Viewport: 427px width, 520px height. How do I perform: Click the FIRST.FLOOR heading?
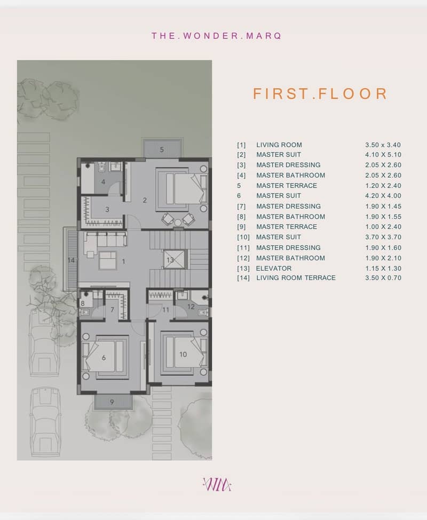click(x=320, y=94)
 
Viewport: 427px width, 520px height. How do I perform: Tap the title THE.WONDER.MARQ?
click(x=217, y=36)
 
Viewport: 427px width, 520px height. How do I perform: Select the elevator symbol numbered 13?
click(x=173, y=259)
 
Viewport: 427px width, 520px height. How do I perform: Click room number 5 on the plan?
click(x=162, y=149)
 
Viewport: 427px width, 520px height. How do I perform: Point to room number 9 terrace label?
click(x=112, y=402)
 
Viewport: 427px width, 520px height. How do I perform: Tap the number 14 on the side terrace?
click(x=71, y=261)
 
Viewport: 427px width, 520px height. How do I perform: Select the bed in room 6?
click(x=106, y=357)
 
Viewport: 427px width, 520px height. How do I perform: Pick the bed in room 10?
click(x=184, y=354)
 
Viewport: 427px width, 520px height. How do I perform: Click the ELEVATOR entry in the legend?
click(x=273, y=269)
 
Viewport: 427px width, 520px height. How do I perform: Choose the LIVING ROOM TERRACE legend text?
click(x=296, y=278)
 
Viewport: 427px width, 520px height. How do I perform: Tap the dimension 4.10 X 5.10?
click(x=383, y=155)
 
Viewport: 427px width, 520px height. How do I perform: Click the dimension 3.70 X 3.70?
click(x=383, y=237)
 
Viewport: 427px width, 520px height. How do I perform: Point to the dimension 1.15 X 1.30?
click(x=383, y=269)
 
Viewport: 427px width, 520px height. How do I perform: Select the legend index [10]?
click(x=243, y=238)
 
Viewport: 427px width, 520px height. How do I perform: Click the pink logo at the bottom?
click(x=217, y=485)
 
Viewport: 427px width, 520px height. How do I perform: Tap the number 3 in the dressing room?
click(x=107, y=210)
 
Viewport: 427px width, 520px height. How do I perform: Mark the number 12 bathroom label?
click(x=191, y=307)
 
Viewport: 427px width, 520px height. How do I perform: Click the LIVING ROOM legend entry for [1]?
click(x=279, y=145)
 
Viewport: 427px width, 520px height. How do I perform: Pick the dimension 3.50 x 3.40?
click(x=383, y=145)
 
